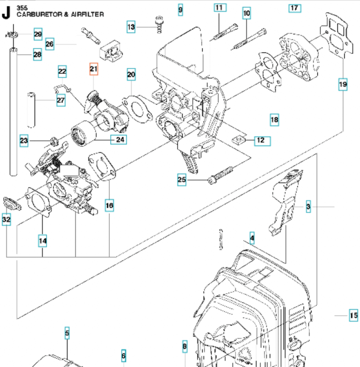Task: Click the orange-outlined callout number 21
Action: pyautogui.click(x=94, y=69)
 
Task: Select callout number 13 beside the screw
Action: pyautogui.click(x=131, y=27)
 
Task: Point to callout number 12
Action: pyautogui.click(x=261, y=140)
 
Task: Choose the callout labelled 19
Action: pyautogui.click(x=343, y=84)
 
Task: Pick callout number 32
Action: pyautogui.click(x=6, y=219)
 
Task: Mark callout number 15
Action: pyautogui.click(x=353, y=315)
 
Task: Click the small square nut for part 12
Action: pyautogui.click(x=237, y=139)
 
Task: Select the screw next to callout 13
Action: pyautogui.click(x=159, y=25)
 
